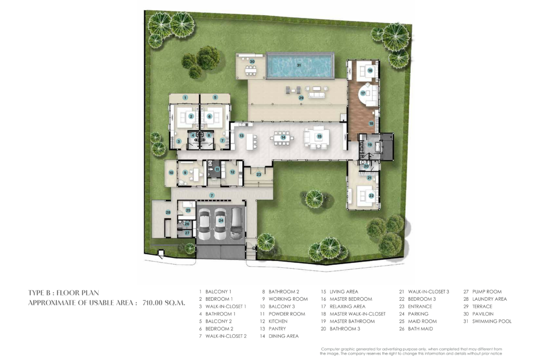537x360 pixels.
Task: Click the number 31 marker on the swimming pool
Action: pos(299,65)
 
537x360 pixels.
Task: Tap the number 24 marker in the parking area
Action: pos(221,221)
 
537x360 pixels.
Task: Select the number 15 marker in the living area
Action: pos(319,136)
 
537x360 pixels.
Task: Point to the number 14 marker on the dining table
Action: pos(283,138)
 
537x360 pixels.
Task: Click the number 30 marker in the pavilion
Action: pos(252,61)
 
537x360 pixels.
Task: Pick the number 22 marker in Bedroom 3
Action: pos(371,196)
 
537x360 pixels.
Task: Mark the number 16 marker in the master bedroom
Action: pos(370,71)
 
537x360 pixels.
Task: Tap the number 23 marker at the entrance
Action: pos(258,175)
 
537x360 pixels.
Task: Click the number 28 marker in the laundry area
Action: pos(168,212)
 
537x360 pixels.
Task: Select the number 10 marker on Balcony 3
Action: pos(171,173)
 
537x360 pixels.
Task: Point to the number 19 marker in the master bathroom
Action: pos(369,145)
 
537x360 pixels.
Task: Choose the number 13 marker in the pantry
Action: pos(241,136)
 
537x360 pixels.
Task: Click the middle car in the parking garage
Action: pos(220,225)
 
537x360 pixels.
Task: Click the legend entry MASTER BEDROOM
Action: pos(351,299)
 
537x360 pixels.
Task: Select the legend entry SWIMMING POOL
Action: pos(492,321)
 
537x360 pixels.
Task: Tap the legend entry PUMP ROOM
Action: pos(487,292)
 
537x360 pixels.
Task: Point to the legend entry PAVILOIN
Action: pos(483,314)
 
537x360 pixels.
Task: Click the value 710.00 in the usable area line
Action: pos(153,303)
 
